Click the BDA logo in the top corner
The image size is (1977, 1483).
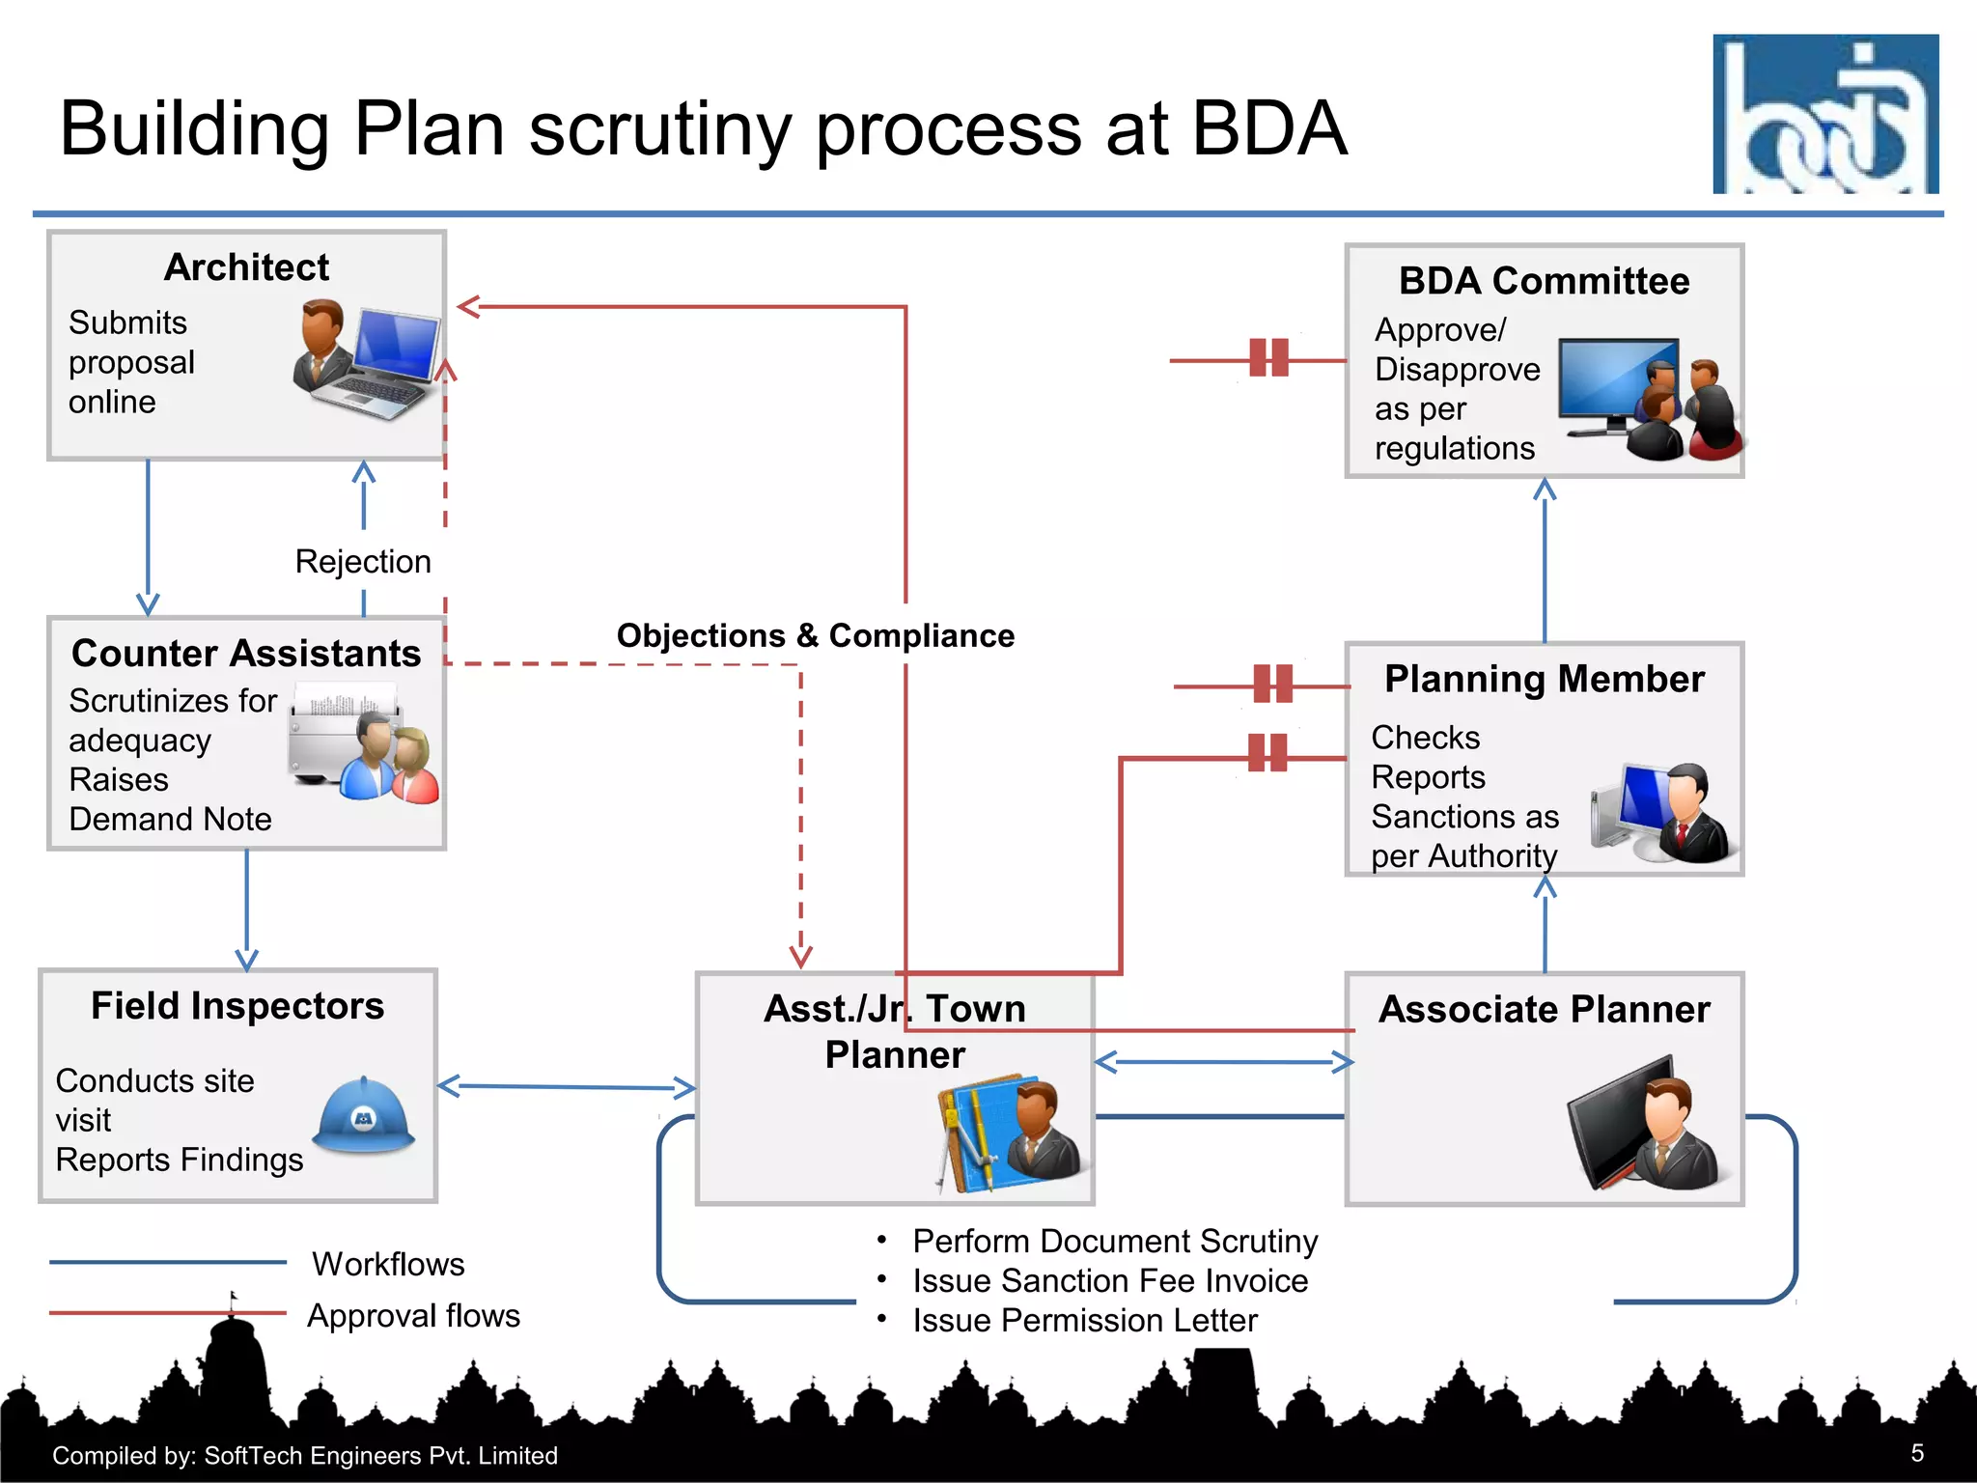point(1824,114)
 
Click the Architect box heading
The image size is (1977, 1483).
point(246,267)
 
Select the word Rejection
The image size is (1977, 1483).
point(363,562)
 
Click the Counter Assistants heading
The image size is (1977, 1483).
point(246,654)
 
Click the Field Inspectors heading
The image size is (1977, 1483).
point(237,1006)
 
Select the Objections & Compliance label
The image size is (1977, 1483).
point(815,636)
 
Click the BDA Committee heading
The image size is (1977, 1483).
point(1544,281)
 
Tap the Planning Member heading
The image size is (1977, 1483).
point(1544,679)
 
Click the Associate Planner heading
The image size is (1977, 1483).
point(1544,1009)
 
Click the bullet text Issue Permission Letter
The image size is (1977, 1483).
point(1084,1320)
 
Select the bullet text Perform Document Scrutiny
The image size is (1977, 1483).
point(1114,1241)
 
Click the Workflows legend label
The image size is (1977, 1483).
point(388,1264)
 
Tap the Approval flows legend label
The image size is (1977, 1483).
point(413,1315)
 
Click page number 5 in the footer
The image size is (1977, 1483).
point(1917,1453)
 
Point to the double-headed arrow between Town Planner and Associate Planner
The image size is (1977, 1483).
point(1223,1062)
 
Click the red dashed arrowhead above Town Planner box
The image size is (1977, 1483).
point(800,956)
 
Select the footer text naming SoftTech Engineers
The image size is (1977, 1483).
point(305,1455)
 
